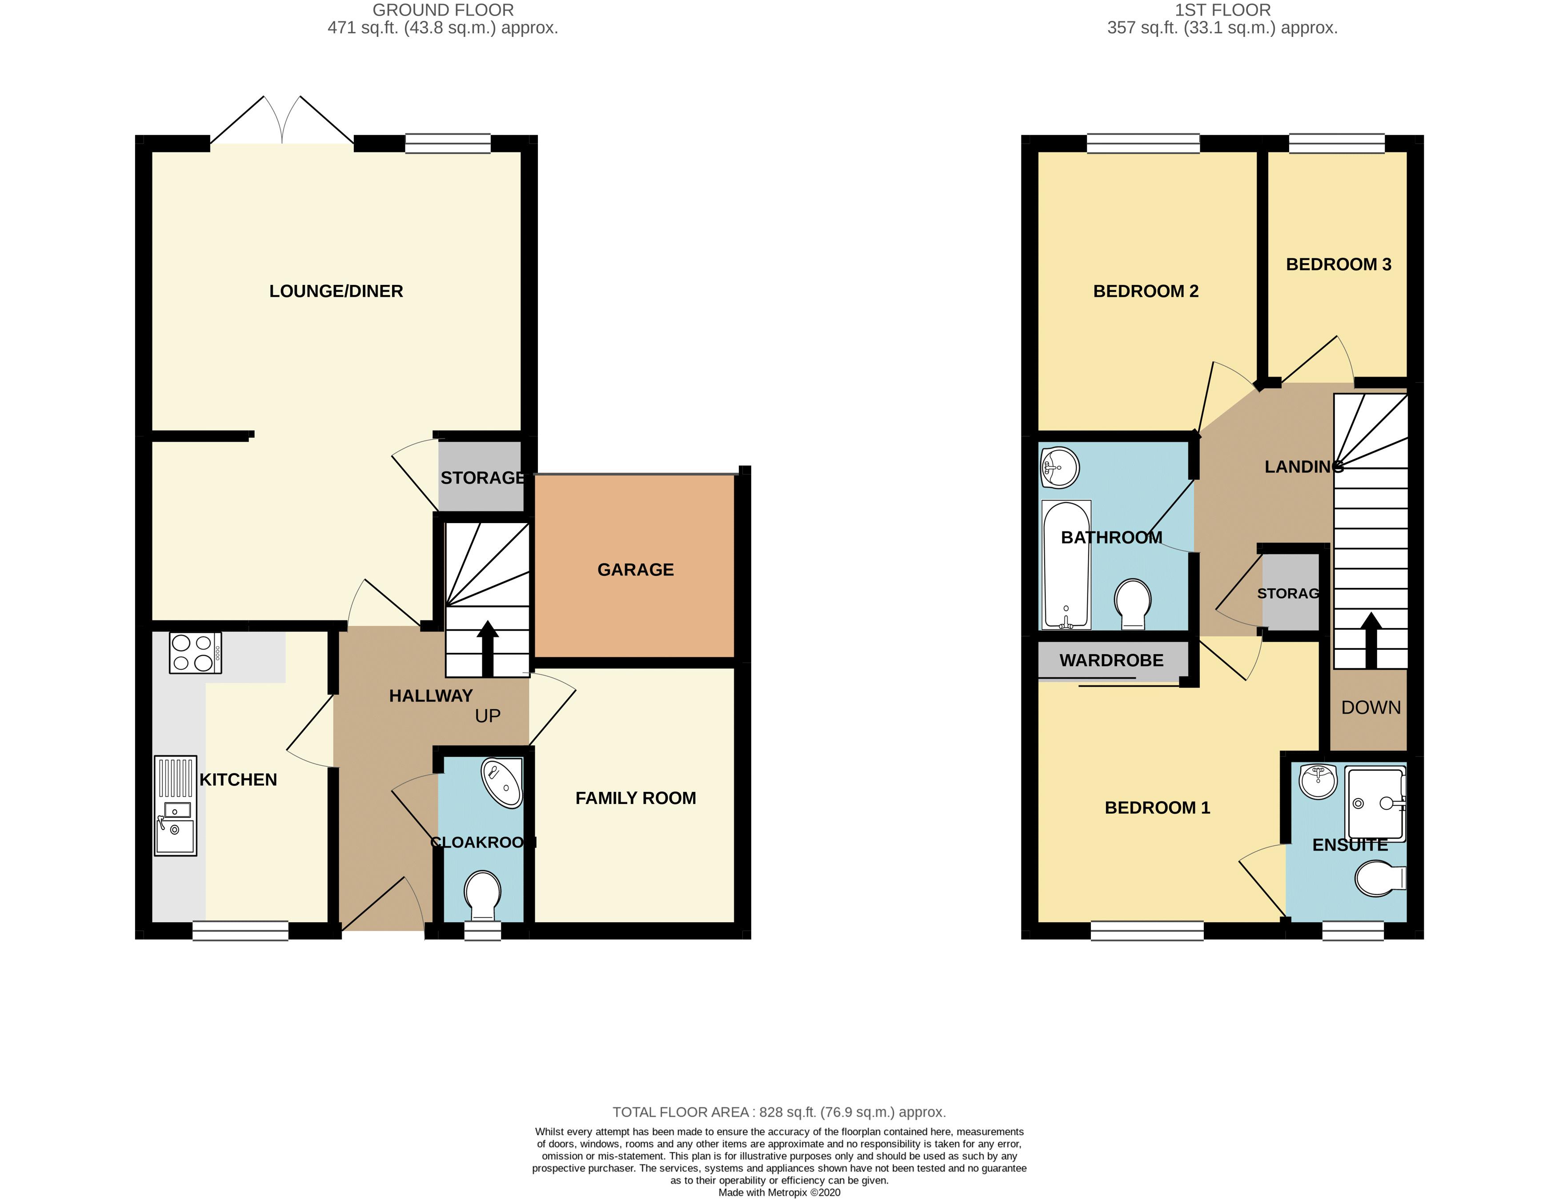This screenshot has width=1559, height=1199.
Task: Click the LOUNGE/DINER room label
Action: (x=336, y=291)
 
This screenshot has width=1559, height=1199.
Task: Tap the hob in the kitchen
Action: (x=195, y=653)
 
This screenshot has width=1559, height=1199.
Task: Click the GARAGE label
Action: (x=635, y=570)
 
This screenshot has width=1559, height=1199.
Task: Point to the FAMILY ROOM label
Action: (x=635, y=798)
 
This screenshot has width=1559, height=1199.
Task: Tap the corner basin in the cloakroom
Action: (x=503, y=783)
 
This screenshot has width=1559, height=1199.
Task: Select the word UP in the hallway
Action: (x=488, y=716)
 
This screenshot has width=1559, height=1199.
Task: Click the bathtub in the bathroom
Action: (x=1066, y=564)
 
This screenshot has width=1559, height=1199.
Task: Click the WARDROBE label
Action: (x=1111, y=660)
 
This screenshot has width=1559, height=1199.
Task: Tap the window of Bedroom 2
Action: (x=1143, y=144)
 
